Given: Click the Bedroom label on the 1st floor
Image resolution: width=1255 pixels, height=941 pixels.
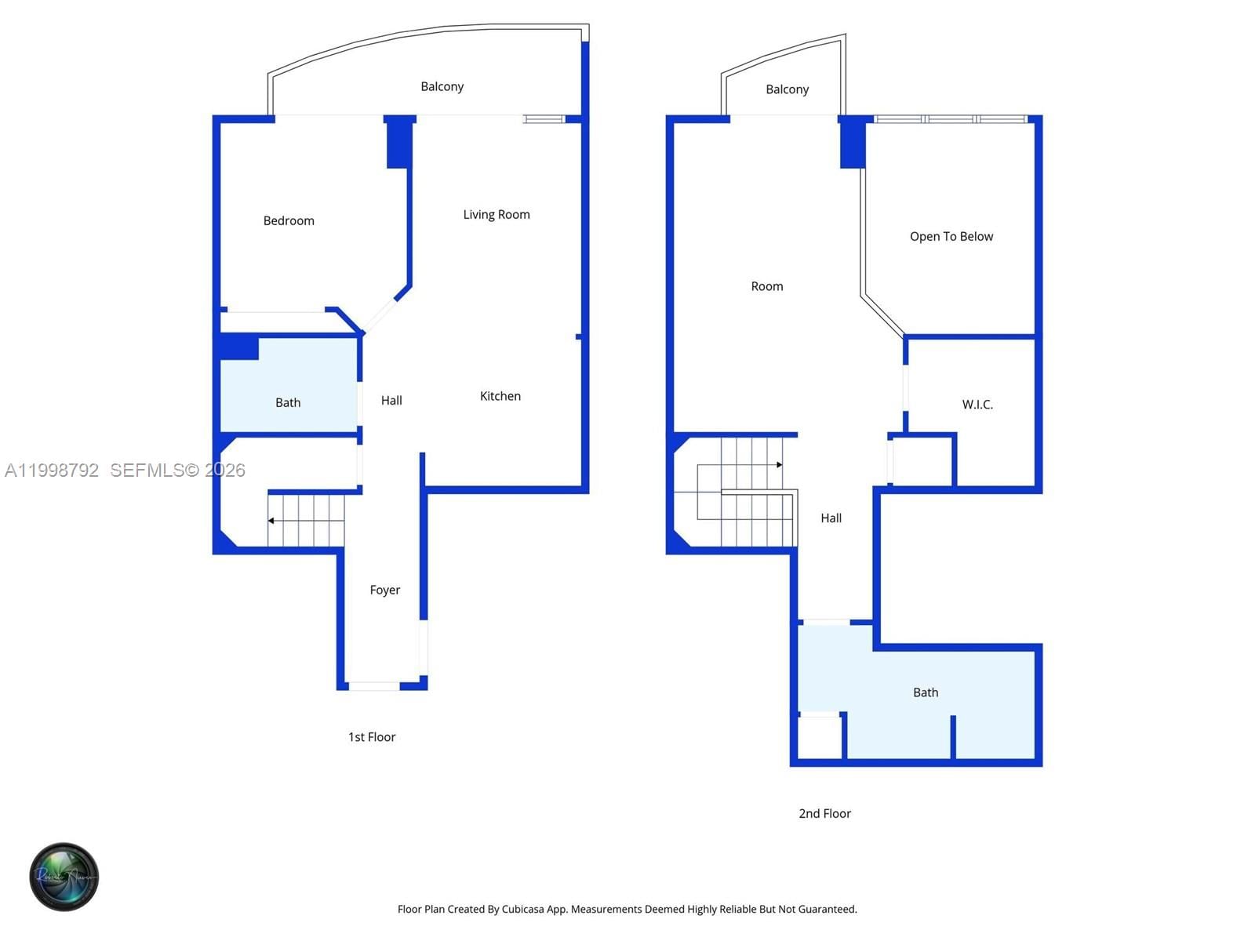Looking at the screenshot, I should tap(289, 221).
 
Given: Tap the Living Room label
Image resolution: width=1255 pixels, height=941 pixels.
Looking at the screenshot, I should tap(496, 215).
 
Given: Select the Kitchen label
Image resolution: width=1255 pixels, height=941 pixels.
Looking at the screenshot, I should tap(500, 397).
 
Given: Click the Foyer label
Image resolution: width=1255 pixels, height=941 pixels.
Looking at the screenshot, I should tap(384, 590).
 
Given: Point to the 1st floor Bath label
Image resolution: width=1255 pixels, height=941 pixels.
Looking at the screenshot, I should tap(288, 403).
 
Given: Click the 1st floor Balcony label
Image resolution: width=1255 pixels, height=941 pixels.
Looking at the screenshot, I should tap(442, 87).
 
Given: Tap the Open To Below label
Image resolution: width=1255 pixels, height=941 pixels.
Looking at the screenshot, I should tap(951, 237).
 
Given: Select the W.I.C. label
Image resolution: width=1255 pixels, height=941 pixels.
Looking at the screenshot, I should tap(977, 405).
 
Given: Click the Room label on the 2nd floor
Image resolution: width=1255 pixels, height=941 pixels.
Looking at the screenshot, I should tap(766, 287).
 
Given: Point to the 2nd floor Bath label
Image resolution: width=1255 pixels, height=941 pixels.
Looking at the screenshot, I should tap(925, 693).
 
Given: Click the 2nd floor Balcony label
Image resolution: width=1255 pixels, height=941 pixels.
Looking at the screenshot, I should tap(787, 90).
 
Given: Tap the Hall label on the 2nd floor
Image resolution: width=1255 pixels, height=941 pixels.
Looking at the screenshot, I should tap(831, 518).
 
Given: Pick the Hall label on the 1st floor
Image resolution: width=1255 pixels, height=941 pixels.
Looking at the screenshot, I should tap(391, 401).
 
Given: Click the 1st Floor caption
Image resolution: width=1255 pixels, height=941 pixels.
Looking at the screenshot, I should tap(372, 737).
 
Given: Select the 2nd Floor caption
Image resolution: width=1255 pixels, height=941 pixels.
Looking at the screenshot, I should tap(824, 814).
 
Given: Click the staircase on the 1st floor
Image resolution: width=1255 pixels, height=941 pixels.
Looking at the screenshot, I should tap(306, 520).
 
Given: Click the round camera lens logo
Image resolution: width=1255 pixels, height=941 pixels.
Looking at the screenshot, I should tap(64, 877).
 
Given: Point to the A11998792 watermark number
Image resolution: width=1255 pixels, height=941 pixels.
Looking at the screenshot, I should tap(52, 470).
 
